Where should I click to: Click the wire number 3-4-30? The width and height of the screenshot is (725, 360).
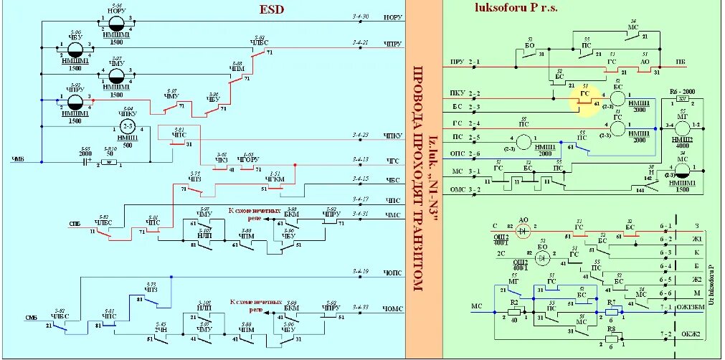tap(361, 16)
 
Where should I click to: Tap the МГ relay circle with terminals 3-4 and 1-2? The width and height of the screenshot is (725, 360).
tap(682, 126)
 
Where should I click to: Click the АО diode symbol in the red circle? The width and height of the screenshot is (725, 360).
tap(523, 229)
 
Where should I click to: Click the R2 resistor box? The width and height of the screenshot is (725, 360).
tap(514, 311)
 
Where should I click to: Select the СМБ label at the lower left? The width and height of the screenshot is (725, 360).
tap(32, 318)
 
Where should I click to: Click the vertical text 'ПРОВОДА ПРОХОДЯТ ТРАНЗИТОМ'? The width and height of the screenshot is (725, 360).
tap(417, 179)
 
